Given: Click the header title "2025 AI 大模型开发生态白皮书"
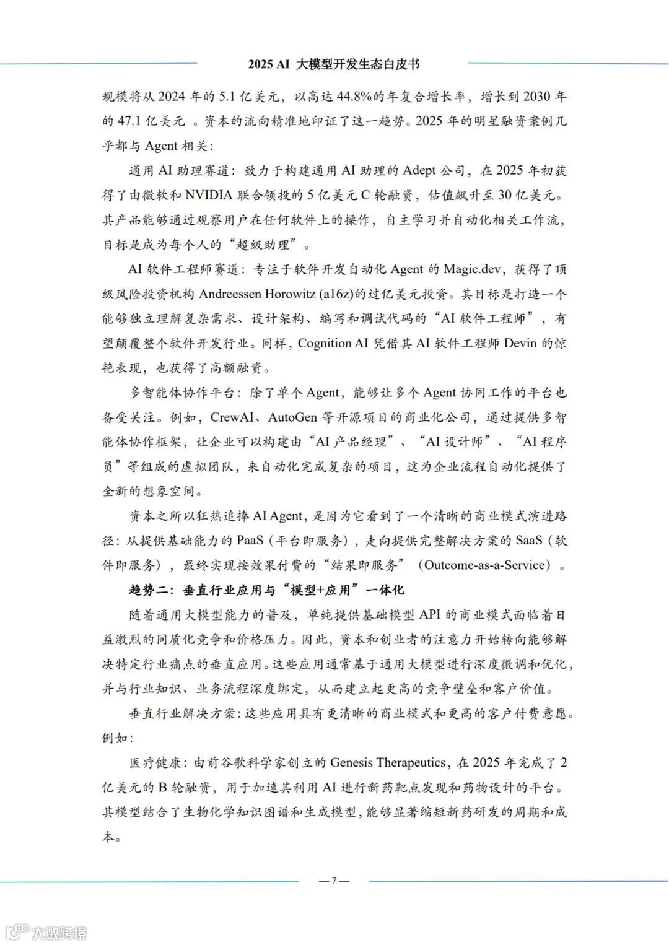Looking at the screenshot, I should click(334, 64).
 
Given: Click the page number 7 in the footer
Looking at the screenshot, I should click(334, 881).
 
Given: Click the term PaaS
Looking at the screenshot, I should click(250, 540).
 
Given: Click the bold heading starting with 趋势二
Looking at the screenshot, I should click(266, 590).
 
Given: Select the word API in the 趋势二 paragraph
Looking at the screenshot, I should click(431, 614).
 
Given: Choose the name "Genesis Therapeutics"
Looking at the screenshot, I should click(388, 762).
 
